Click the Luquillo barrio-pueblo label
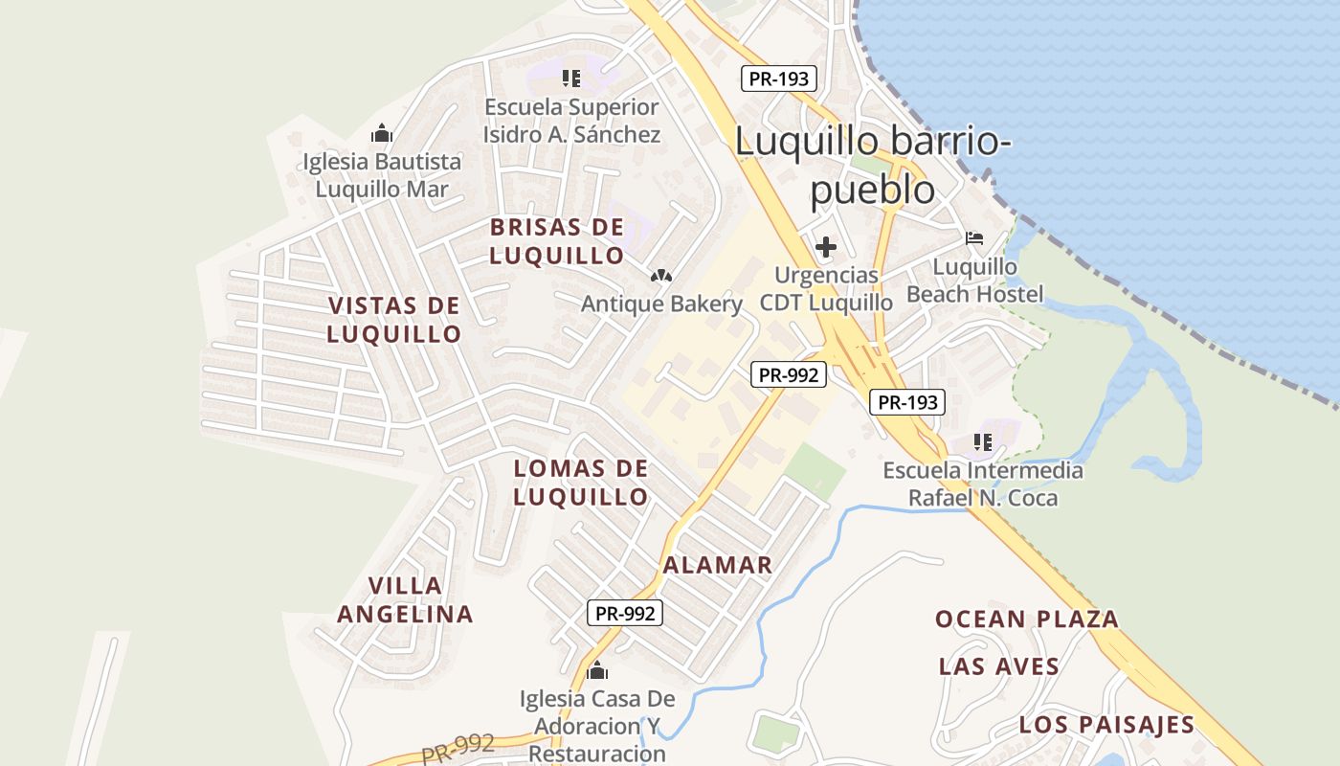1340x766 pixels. click(872, 165)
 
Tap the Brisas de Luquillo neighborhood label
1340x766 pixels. click(557, 241)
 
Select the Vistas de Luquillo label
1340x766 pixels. click(394, 320)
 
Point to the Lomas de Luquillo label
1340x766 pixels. click(581, 483)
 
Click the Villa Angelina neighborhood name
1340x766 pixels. click(406, 599)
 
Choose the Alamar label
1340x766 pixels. click(718, 565)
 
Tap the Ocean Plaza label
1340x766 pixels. click(1027, 619)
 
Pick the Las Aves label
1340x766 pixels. click(999, 666)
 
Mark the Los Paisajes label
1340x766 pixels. click(1107, 724)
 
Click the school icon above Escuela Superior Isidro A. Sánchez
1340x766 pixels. click(571, 79)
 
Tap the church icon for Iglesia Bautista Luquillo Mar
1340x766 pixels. click(382, 133)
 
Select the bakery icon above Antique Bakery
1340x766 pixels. click(660, 276)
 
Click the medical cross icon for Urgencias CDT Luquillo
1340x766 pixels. click(825, 247)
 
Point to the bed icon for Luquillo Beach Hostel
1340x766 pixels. click(974, 237)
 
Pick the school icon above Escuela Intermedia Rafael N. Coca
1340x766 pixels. click(983, 442)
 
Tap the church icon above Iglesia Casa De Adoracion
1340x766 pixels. click(597, 670)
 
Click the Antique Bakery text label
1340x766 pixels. click(662, 304)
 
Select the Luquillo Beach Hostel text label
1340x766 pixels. click(975, 280)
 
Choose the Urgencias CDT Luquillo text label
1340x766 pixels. click(826, 288)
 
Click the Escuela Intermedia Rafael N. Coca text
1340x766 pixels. click(983, 484)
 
